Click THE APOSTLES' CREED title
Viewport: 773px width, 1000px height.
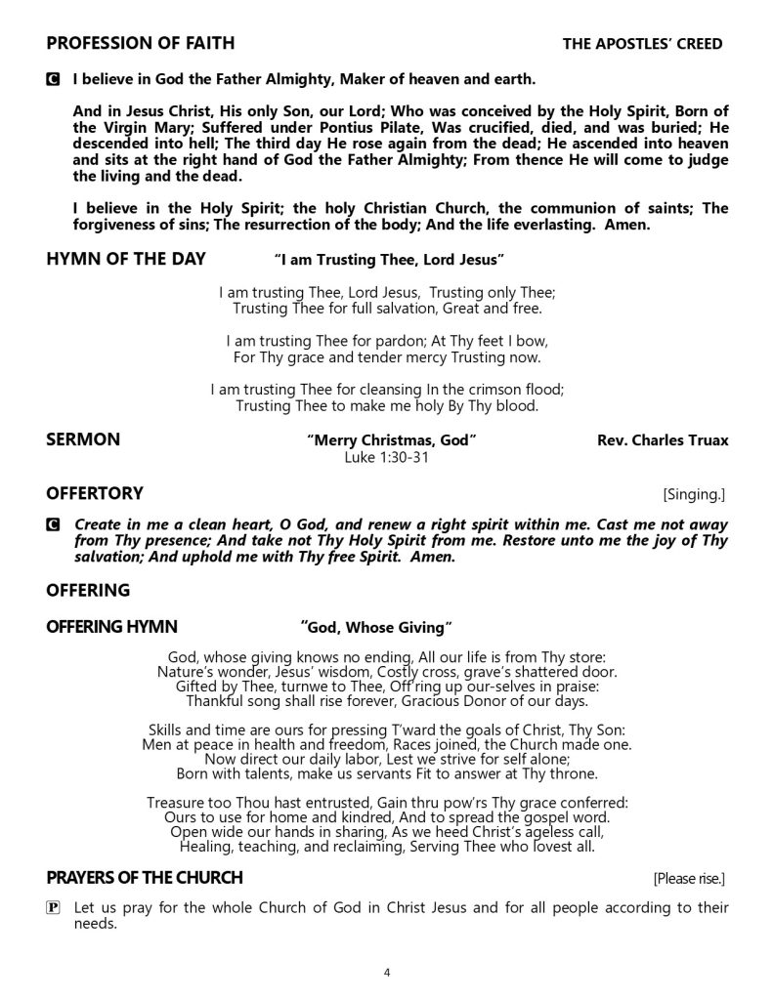tap(642, 44)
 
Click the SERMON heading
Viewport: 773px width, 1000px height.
tap(83, 439)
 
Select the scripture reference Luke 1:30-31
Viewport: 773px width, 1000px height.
tap(387, 456)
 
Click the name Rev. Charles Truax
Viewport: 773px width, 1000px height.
tap(662, 440)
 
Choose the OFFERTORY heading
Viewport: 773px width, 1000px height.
tap(94, 493)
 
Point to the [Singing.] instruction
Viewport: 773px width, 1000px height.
tap(694, 494)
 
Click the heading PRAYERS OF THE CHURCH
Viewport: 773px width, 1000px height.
tap(145, 876)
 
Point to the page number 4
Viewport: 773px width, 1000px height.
tap(388, 973)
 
